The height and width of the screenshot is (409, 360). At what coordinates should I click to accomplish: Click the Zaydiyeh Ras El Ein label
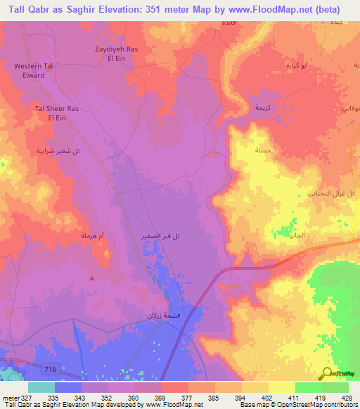click(x=119, y=53)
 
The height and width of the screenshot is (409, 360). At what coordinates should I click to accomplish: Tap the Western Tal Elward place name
click(x=34, y=70)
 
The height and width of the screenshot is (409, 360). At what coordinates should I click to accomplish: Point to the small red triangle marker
click(x=92, y=278)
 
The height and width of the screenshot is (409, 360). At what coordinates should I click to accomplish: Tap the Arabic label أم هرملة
click(x=91, y=239)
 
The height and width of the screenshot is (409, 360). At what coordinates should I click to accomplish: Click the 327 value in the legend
click(x=21, y=397)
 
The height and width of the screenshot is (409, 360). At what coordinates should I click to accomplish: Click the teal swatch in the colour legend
click(x=41, y=387)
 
